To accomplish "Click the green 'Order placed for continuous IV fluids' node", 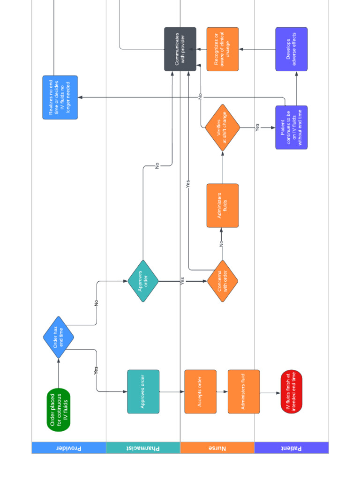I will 59,410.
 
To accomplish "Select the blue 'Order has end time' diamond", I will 59,337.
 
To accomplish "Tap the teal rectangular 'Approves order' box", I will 143,391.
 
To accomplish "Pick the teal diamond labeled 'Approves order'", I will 143,281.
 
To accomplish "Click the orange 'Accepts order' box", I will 200,391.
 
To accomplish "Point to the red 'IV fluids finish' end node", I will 292,391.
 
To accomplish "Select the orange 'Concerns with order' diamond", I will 222,281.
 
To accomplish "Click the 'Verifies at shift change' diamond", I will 222,127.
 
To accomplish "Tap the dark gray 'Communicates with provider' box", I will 180,49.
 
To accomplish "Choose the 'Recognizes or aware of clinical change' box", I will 222,49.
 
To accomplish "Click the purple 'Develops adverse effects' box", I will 292,49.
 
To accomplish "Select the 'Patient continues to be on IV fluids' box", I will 292,127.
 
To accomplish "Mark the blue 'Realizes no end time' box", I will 60,97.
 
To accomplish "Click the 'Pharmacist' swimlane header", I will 143,448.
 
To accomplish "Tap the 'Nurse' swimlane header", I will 217,448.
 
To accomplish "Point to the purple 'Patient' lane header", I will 292,448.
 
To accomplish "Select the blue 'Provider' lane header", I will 69,448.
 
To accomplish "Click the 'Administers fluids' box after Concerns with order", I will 222,205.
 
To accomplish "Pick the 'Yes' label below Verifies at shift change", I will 257,127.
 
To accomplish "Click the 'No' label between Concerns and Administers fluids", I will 221,244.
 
